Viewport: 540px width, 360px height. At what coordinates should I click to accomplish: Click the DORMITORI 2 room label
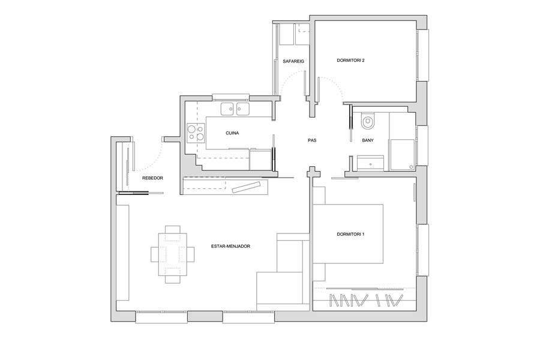click(350, 60)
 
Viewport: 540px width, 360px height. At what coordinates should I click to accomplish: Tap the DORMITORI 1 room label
click(350, 234)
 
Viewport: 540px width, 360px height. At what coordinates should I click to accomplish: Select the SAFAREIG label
click(293, 61)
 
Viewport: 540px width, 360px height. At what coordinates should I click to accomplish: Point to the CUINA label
click(232, 133)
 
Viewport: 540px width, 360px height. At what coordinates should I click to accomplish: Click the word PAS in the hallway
click(312, 140)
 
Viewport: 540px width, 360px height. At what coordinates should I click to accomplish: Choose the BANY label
click(368, 140)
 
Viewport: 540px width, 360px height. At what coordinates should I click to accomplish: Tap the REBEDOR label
click(152, 178)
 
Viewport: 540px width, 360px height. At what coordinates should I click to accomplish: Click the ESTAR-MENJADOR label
click(230, 247)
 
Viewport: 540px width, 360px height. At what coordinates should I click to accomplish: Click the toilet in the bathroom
click(367, 121)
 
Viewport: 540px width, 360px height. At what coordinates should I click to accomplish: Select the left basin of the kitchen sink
click(227, 109)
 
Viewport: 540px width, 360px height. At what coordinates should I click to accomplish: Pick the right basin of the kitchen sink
click(243, 109)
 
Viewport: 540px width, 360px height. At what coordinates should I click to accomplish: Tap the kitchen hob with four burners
click(196, 133)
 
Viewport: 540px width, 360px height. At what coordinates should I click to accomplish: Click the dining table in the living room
click(173, 254)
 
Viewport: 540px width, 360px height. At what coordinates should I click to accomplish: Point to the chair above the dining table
click(173, 229)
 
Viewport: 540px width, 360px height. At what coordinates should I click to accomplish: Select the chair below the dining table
click(173, 280)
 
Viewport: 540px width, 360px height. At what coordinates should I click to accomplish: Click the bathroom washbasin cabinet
click(370, 163)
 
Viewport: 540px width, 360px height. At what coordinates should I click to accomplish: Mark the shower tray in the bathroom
click(402, 155)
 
